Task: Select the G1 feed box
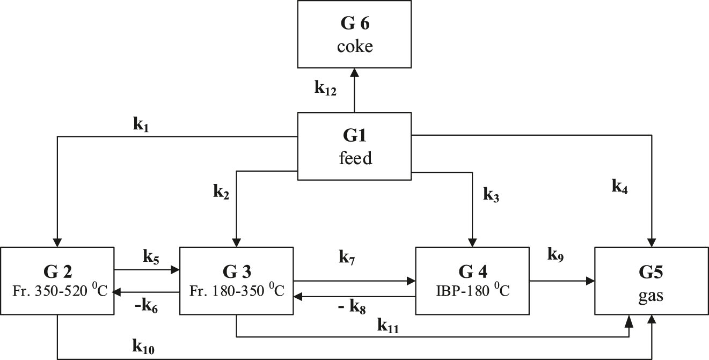tap(354, 145)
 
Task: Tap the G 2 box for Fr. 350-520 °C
tap(57, 280)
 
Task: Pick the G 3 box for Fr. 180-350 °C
tap(236, 280)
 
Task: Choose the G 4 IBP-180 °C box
tap(472, 280)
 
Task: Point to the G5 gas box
tap(651, 280)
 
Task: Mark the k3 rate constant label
tap(492, 194)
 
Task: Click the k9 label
tap(556, 254)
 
